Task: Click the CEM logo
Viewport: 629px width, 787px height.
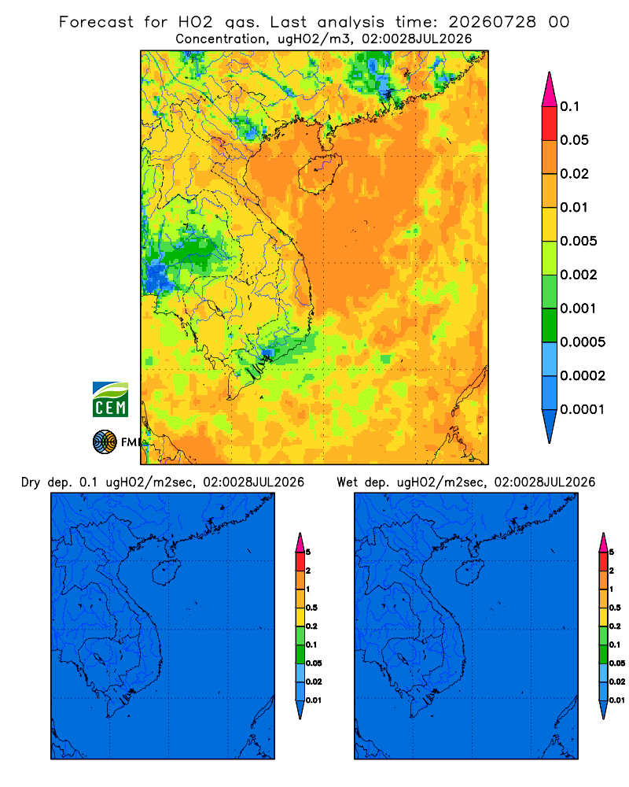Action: pos(110,399)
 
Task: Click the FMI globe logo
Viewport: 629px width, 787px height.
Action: pos(105,442)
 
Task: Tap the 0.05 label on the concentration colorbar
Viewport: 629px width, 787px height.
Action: pos(574,140)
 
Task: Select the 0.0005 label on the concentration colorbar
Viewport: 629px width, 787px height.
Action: pos(583,342)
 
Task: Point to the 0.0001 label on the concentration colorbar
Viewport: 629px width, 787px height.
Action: pos(583,409)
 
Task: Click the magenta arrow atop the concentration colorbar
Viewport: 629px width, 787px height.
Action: pos(550,89)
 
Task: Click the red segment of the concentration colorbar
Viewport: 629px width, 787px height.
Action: pos(550,124)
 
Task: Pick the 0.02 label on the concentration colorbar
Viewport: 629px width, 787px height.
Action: pos(574,174)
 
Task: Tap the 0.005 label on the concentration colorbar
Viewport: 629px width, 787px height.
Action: pos(579,241)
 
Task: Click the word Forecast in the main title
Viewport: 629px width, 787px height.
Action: pos(96,22)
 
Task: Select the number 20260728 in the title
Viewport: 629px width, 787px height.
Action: pos(492,22)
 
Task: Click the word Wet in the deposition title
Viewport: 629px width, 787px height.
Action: pos(348,482)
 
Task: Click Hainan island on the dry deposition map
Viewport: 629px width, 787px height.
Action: pos(166,573)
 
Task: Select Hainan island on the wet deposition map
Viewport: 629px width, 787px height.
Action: pos(469,573)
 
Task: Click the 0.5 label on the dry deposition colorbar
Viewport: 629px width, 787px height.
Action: pos(311,608)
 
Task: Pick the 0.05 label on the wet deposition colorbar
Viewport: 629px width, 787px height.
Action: pos(617,663)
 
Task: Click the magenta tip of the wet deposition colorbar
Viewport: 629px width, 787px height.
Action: pos(603,542)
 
